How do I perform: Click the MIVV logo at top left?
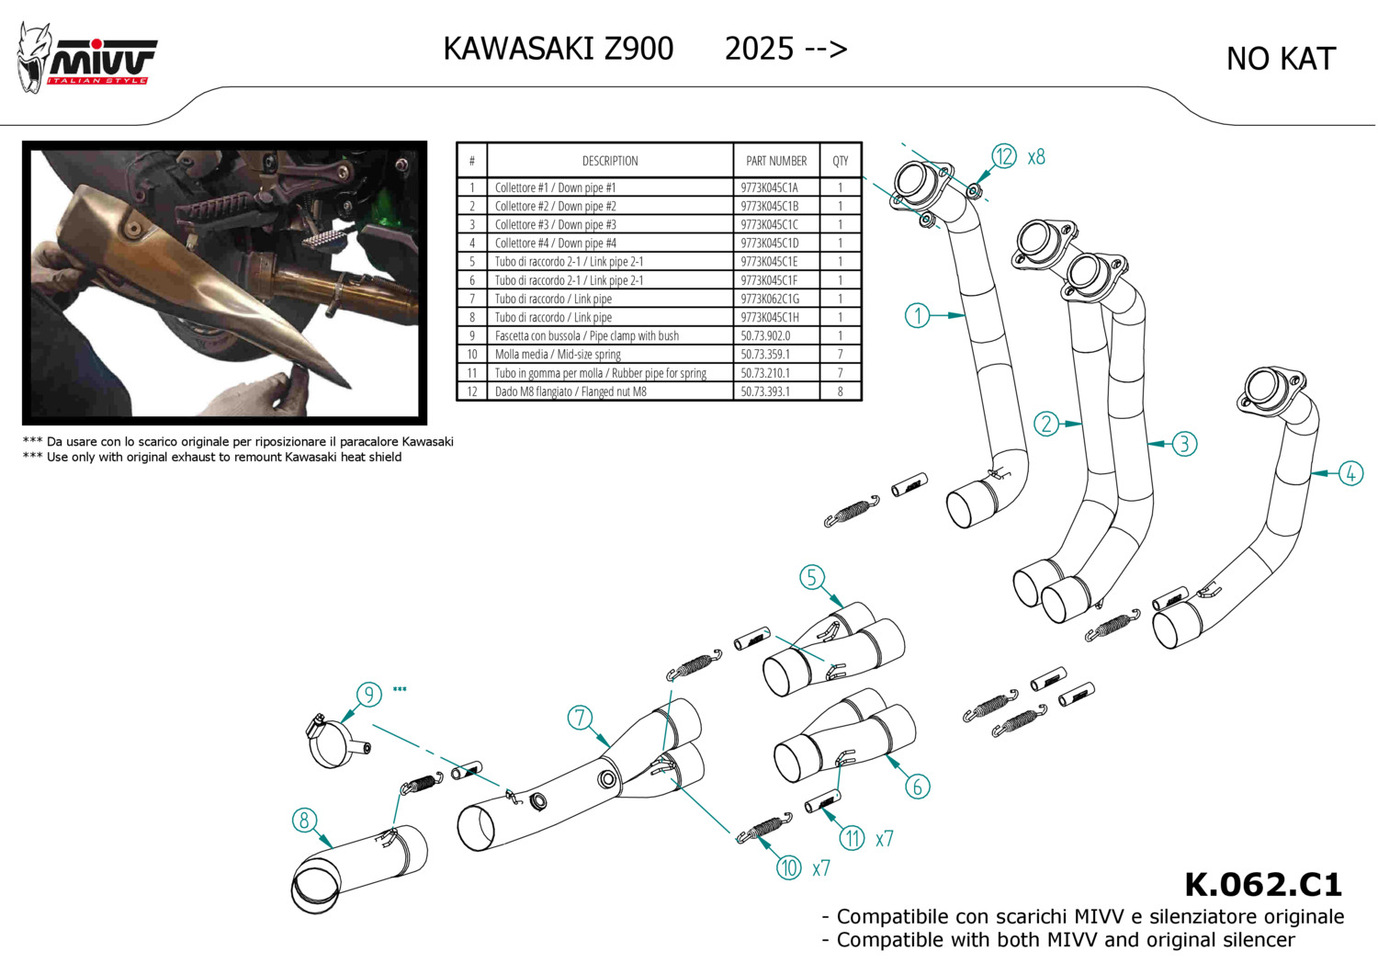pos(87,59)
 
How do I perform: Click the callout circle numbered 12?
pos(1004,157)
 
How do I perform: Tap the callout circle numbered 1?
pos(918,315)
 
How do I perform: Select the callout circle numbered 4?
pos(1350,473)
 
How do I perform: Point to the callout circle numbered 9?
pos(368,694)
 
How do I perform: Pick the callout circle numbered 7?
pos(580,718)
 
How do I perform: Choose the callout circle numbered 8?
pos(304,820)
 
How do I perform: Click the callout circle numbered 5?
pos(811,577)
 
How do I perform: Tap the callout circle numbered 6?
pos(917,787)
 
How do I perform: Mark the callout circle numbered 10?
pos(789,867)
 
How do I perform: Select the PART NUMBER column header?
pos(776,161)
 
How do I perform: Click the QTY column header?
pos(841,161)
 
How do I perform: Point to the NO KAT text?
pos(1280,60)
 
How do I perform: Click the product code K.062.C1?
pos(1263,885)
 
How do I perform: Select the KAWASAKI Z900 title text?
pos(559,49)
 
